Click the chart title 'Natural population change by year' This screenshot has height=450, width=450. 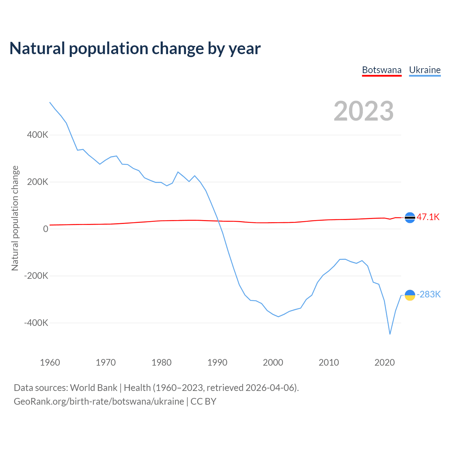(x=135, y=49)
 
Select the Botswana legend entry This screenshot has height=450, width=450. (x=382, y=70)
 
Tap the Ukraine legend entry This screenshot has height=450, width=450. (x=425, y=70)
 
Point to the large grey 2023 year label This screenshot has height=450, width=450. (x=364, y=111)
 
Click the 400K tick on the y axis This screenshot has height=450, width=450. (x=38, y=135)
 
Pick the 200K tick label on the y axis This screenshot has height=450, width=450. (x=38, y=182)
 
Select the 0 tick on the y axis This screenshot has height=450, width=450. (x=46, y=229)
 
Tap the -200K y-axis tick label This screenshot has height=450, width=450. (x=36, y=276)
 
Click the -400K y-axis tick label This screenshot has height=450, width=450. (x=36, y=323)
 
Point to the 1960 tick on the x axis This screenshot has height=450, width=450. (x=50, y=362)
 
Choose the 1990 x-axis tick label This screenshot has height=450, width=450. (x=217, y=362)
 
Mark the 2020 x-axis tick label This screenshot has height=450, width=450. (x=385, y=362)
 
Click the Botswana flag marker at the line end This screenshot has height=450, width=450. (x=410, y=218)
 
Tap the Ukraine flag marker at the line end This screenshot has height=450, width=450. (x=410, y=295)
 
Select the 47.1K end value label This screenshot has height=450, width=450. (x=428, y=217)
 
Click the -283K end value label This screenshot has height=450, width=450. (x=429, y=294)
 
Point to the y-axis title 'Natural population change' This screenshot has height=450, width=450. (x=15, y=218)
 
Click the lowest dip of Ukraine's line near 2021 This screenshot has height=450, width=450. (x=390, y=334)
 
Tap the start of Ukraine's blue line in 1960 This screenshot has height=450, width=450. (x=50, y=102)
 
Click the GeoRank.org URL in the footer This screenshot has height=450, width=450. (x=99, y=401)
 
